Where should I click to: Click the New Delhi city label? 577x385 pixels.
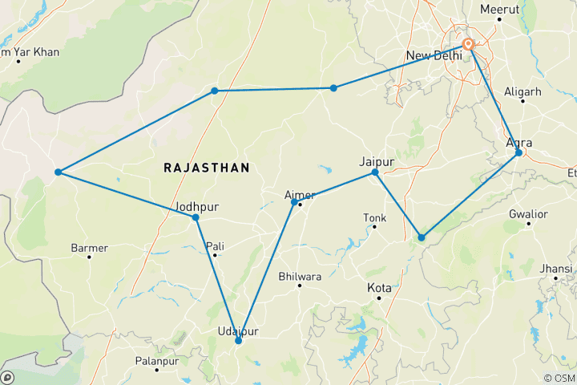point(434,55)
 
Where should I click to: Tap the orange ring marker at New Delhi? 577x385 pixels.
point(469,45)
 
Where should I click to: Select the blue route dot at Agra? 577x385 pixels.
point(518,152)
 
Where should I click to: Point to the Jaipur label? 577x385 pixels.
point(377,160)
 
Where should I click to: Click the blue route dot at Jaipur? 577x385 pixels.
point(375,172)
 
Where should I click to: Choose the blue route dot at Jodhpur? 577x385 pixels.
point(196,217)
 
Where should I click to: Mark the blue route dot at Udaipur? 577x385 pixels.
point(238,341)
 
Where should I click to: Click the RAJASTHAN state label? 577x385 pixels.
point(207,168)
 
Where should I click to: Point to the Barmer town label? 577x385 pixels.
point(89,248)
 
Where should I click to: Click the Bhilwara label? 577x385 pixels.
point(299,277)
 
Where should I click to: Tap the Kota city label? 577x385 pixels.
point(379,287)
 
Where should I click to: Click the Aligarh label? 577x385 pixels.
point(523,91)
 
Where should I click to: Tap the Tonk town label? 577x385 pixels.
point(374,217)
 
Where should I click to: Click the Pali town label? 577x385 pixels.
point(214,245)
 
